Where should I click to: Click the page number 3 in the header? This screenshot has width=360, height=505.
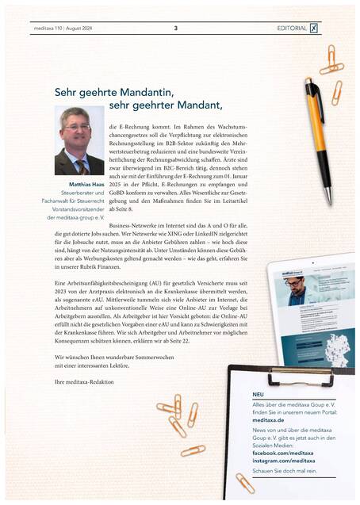pyautogui.click(x=175, y=28)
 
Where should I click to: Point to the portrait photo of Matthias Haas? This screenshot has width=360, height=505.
pyautogui.click(x=79, y=141)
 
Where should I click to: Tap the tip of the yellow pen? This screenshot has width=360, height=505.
pyautogui.click(x=327, y=202)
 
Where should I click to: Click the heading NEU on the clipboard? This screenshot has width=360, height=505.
pyautogui.click(x=259, y=394)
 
